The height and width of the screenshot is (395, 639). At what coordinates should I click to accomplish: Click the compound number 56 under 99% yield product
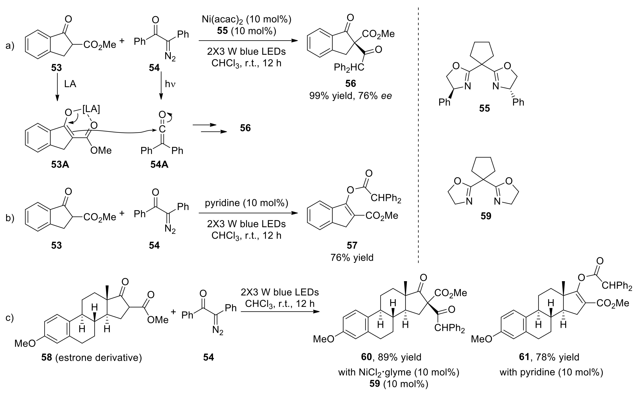351,84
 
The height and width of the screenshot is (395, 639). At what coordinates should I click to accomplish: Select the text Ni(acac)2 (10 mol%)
246,20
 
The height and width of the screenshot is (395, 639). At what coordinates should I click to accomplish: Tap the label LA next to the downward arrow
70,84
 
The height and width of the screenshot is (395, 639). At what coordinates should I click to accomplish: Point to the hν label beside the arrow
170,84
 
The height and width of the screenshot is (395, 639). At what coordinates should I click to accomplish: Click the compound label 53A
60,165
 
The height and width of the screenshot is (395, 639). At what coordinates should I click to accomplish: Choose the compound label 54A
159,165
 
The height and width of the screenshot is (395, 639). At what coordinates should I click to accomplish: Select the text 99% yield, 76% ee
351,96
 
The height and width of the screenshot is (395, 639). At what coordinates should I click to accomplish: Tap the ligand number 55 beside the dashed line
484,108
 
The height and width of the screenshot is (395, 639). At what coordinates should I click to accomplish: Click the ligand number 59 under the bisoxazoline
486,216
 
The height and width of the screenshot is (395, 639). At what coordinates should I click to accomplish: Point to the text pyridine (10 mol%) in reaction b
246,203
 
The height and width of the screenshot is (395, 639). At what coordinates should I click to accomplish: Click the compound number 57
352,245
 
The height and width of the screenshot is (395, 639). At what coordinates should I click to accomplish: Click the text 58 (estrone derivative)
91,357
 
